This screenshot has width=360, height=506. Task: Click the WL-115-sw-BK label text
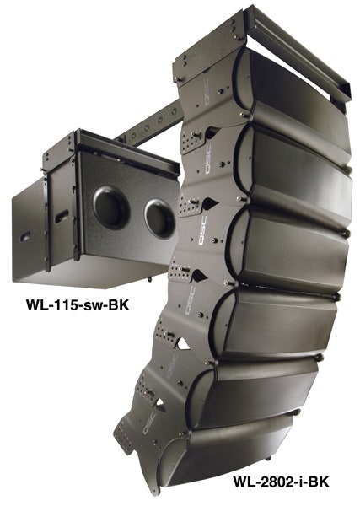pyautogui.click(x=78, y=305)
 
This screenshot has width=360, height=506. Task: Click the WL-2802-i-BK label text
pyautogui.click(x=280, y=482)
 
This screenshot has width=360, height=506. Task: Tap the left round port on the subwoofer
pyautogui.click(x=111, y=207)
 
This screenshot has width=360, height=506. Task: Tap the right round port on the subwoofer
pyautogui.click(x=159, y=218)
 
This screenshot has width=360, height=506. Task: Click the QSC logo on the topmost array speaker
pyautogui.click(x=206, y=92)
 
